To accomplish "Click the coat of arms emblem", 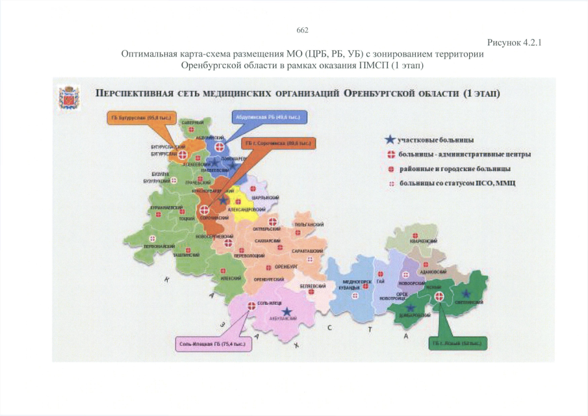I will point(67,97).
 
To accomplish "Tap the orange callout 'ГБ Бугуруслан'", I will point(137,118).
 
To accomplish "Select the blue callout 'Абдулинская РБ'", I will point(270,118).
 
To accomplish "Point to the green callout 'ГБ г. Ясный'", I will point(458,343).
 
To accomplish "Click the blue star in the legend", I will point(389,139).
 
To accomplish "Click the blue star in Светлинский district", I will point(465,294).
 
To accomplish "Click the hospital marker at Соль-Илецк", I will point(251,304).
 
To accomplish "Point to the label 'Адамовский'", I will point(434,272).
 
